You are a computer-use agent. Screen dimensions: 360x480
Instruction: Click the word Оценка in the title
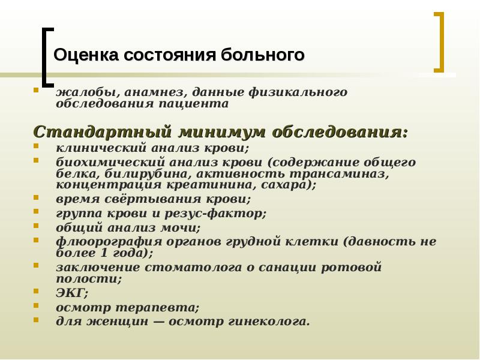[86, 56]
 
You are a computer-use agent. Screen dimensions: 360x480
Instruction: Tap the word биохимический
[100, 163]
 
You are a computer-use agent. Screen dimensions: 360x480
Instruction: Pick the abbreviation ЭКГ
[71, 293]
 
